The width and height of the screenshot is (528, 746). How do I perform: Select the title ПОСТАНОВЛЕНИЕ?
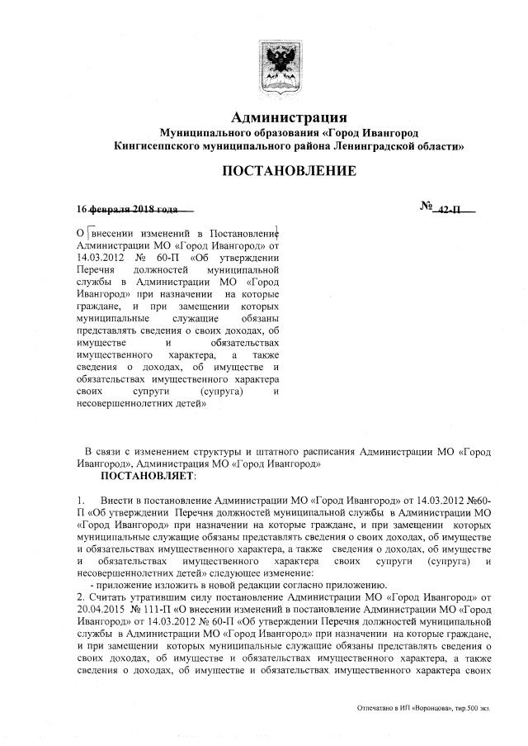point(288,171)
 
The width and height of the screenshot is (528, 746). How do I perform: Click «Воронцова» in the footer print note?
point(429,709)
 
